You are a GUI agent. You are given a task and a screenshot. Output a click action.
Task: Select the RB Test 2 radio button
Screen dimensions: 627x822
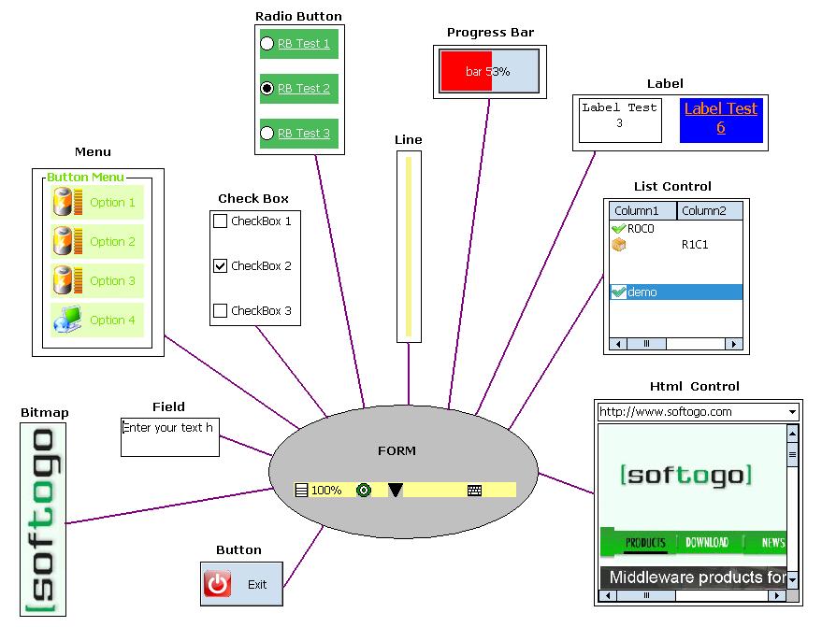point(267,89)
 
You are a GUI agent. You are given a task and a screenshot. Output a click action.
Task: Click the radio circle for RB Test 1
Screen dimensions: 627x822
point(267,44)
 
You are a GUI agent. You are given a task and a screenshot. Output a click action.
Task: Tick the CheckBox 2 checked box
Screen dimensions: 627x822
point(221,266)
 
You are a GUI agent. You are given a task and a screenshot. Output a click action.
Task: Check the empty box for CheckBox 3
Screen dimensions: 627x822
point(221,311)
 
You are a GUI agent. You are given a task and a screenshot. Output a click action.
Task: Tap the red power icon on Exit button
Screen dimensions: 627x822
point(217,584)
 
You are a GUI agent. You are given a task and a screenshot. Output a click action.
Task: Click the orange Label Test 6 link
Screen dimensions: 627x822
point(720,118)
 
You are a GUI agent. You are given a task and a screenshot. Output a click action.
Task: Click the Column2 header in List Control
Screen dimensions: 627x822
point(709,211)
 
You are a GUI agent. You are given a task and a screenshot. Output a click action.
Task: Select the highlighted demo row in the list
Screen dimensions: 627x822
point(676,292)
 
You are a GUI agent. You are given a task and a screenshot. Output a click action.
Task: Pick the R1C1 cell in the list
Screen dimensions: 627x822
point(695,245)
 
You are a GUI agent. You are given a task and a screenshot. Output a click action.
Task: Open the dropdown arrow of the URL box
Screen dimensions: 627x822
point(792,412)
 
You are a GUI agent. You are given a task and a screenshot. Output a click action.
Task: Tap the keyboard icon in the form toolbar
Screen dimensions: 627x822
point(474,490)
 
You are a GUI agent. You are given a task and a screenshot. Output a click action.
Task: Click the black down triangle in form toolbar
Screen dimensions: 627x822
point(396,490)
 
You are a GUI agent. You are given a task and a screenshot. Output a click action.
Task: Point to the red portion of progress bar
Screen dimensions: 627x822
point(466,71)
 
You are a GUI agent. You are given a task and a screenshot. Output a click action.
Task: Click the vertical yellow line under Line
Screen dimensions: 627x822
point(409,246)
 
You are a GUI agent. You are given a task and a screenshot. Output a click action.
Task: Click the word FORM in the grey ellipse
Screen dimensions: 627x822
point(397,451)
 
